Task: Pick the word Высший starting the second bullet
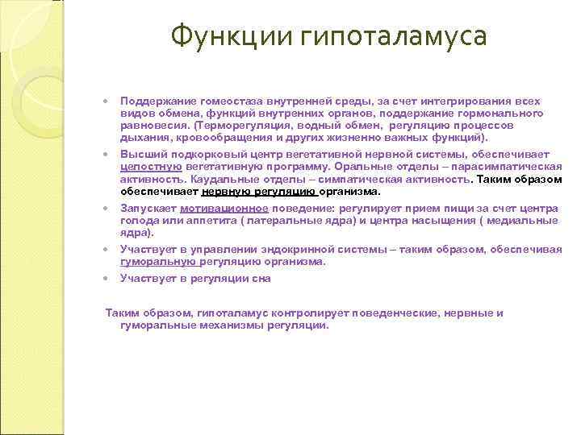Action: [x=139, y=153]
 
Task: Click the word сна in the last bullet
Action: [x=261, y=278]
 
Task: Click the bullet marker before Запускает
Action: [x=107, y=208]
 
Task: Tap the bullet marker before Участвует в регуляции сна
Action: [x=107, y=279]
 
